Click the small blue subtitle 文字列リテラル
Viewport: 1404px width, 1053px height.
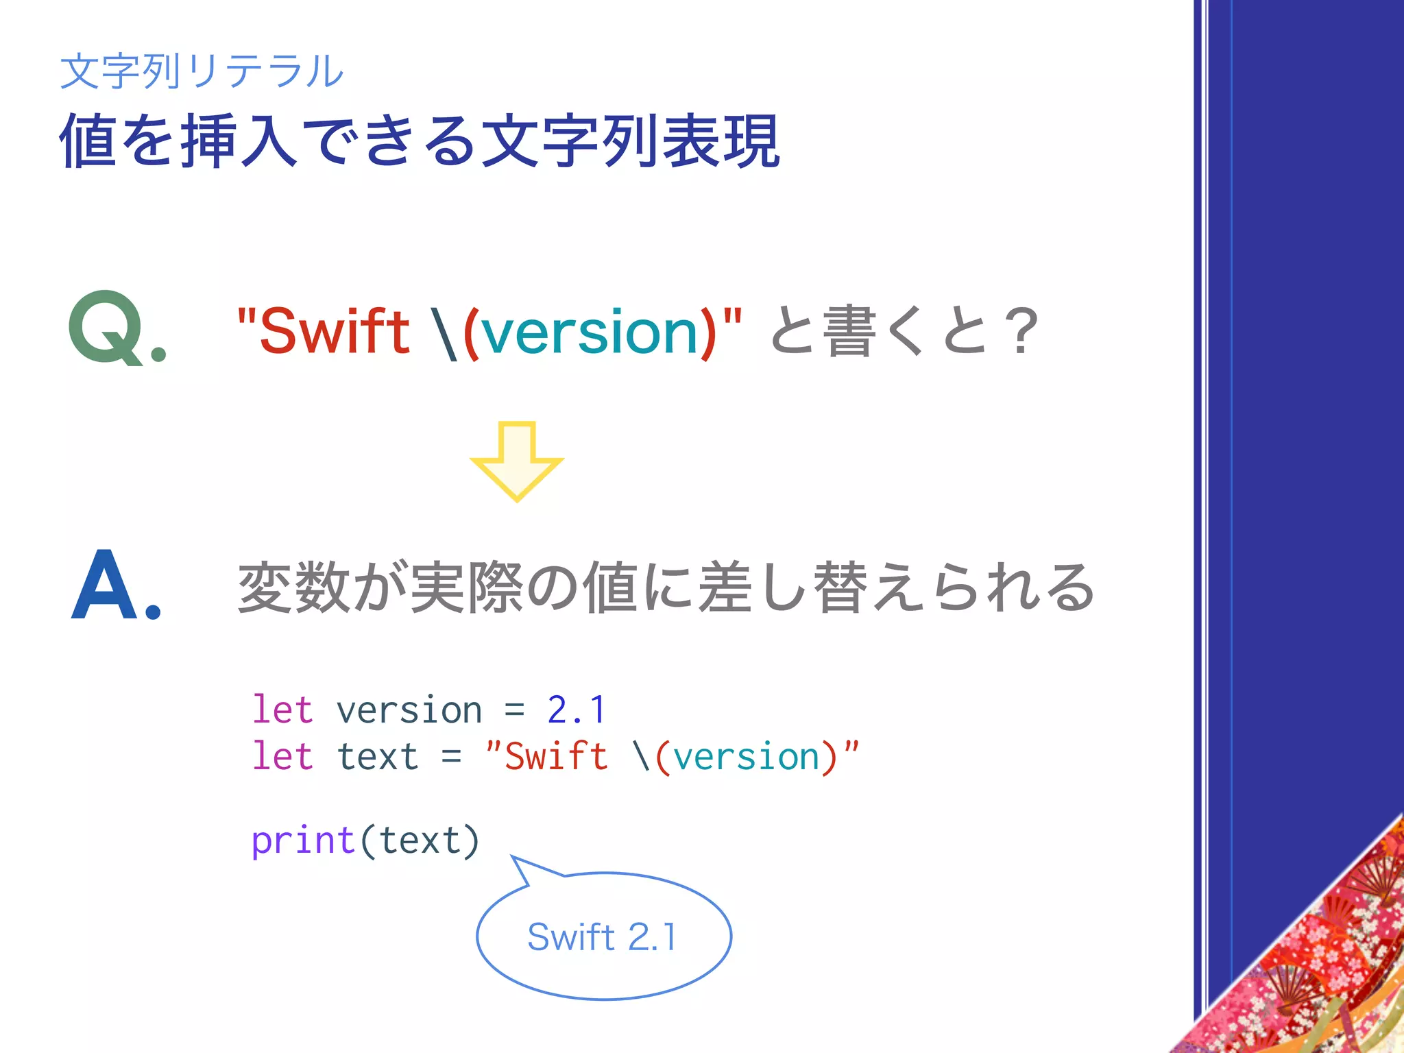202,71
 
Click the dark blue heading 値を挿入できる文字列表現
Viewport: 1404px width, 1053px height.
420,141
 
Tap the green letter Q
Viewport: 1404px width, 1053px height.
108,328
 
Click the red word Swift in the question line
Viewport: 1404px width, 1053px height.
334,332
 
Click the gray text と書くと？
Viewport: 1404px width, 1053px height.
904,332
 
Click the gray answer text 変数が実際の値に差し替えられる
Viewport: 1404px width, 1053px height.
665,588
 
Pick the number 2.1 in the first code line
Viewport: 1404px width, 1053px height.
577,710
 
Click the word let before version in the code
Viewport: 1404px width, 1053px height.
282,710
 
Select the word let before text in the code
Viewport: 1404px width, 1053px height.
282,757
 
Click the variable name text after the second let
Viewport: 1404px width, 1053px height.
377,757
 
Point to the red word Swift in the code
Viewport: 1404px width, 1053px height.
556,757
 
